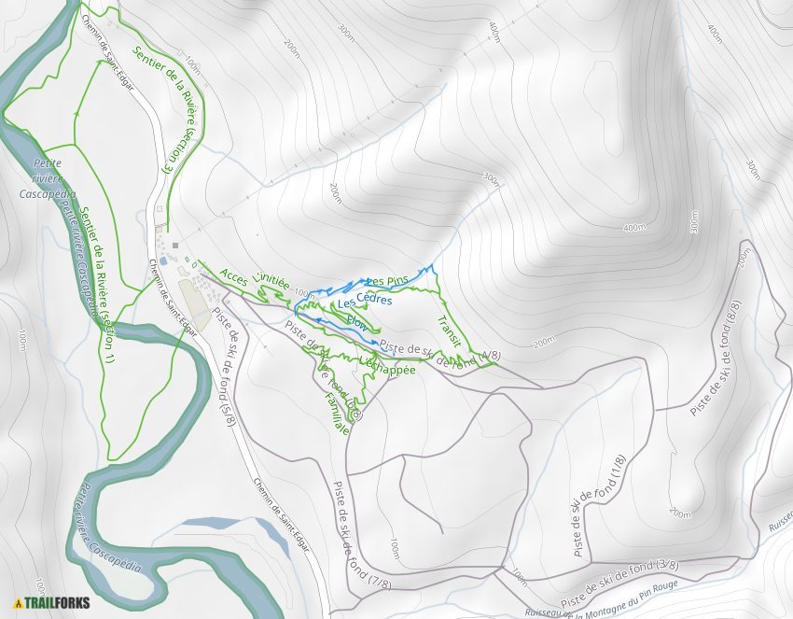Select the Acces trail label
(x=233, y=276)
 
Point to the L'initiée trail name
(x=271, y=277)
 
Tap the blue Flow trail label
(x=356, y=321)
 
